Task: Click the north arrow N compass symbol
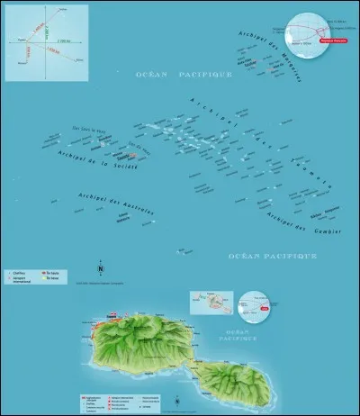101,268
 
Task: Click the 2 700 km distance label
60,41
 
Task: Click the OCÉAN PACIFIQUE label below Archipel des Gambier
272,256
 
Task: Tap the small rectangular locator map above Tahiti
211,303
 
